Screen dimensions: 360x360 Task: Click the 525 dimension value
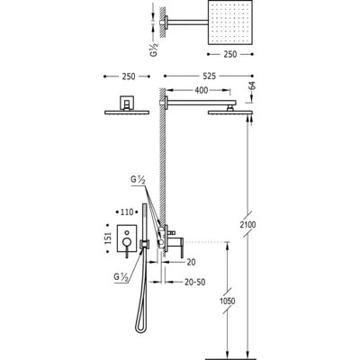[x=209, y=76]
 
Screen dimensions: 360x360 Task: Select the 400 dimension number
[x=201, y=90]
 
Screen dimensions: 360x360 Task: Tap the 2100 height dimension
[x=247, y=224]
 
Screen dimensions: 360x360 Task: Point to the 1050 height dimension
[x=227, y=301]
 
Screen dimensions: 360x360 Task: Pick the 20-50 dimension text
[x=195, y=282]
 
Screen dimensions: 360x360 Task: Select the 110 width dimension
[x=127, y=212]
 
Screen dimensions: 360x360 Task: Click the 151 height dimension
[x=108, y=238]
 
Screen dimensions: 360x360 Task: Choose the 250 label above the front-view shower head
[x=129, y=76]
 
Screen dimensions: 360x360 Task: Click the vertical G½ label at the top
[x=154, y=49]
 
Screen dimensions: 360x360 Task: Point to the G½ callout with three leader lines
[x=138, y=180]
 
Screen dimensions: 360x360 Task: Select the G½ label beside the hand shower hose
[x=121, y=277]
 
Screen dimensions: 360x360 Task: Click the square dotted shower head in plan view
[x=230, y=22]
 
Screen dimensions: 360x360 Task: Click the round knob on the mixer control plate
[x=127, y=242]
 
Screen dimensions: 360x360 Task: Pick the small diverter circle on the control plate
[x=127, y=232]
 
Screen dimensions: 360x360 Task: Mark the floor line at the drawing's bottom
[x=229, y=358]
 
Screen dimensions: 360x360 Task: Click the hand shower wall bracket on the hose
[x=145, y=244]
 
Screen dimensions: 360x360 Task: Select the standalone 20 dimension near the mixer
[x=191, y=262]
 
